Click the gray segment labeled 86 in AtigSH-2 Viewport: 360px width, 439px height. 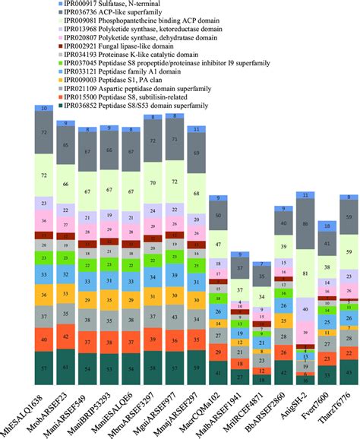coord(305,225)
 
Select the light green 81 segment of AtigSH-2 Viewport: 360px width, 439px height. coord(305,273)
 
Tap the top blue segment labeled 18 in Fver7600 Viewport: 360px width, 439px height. coord(327,226)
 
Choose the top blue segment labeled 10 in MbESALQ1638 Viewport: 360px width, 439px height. coord(43,109)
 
